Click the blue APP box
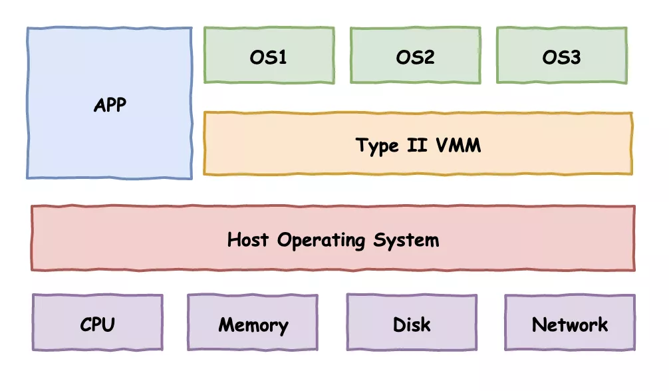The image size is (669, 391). click(x=110, y=103)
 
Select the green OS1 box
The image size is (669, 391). click(x=269, y=55)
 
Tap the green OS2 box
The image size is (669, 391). click(x=416, y=55)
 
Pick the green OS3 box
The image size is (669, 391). click(x=562, y=55)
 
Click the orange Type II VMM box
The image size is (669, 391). click(x=418, y=144)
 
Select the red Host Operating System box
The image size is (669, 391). click(x=333, y=238)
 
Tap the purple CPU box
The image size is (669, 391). click(x=98, y=323)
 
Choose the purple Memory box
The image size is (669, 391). click(x=253, y=323)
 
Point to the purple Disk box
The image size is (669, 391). click(x=412, y=323)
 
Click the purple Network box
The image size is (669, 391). click(x=570, y=323)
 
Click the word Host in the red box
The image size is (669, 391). click(x=248, y=239)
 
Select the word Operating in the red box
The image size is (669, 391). click(x=321, y=241)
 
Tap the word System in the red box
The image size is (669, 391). click(x=406, y=241)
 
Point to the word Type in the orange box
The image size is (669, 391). click(x=377, y=146)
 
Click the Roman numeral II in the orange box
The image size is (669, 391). click(x=417, y=145)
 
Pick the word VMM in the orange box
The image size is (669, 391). click(x=458, y=145)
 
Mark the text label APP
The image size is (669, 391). click(x=110, y=105)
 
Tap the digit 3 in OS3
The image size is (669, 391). click(x=575, y=57)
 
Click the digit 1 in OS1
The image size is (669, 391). click(x=282, y=57)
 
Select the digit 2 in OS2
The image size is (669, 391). click(x=429, y=57)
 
